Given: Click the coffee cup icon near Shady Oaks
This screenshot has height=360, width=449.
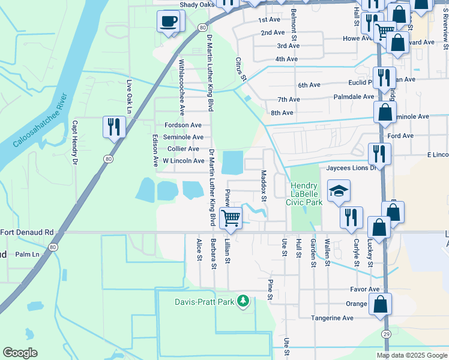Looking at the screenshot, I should pos(167,22).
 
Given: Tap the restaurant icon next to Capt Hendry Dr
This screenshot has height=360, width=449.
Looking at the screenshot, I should pos(113,127).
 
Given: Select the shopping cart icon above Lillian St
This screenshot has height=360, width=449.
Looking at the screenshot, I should pos(231,218).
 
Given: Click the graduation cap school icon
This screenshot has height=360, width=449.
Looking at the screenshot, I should pos(339,191).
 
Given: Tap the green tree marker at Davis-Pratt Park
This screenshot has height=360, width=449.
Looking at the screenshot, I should pos(243,301).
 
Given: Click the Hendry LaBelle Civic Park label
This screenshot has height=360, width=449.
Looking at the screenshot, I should pos(307,194).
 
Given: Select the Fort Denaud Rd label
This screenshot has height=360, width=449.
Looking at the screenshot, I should pos(27,232).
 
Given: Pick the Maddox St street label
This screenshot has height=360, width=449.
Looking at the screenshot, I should pos(264,185).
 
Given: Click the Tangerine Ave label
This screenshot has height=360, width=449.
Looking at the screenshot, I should pos(332,318).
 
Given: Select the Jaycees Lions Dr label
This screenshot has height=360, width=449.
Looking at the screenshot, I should pos(351,168).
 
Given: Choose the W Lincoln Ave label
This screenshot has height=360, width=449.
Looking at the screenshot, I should pos(184,161).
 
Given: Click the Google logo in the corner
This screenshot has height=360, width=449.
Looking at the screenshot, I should pos(20,353).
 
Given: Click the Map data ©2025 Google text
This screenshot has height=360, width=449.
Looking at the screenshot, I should pos(411,355).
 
